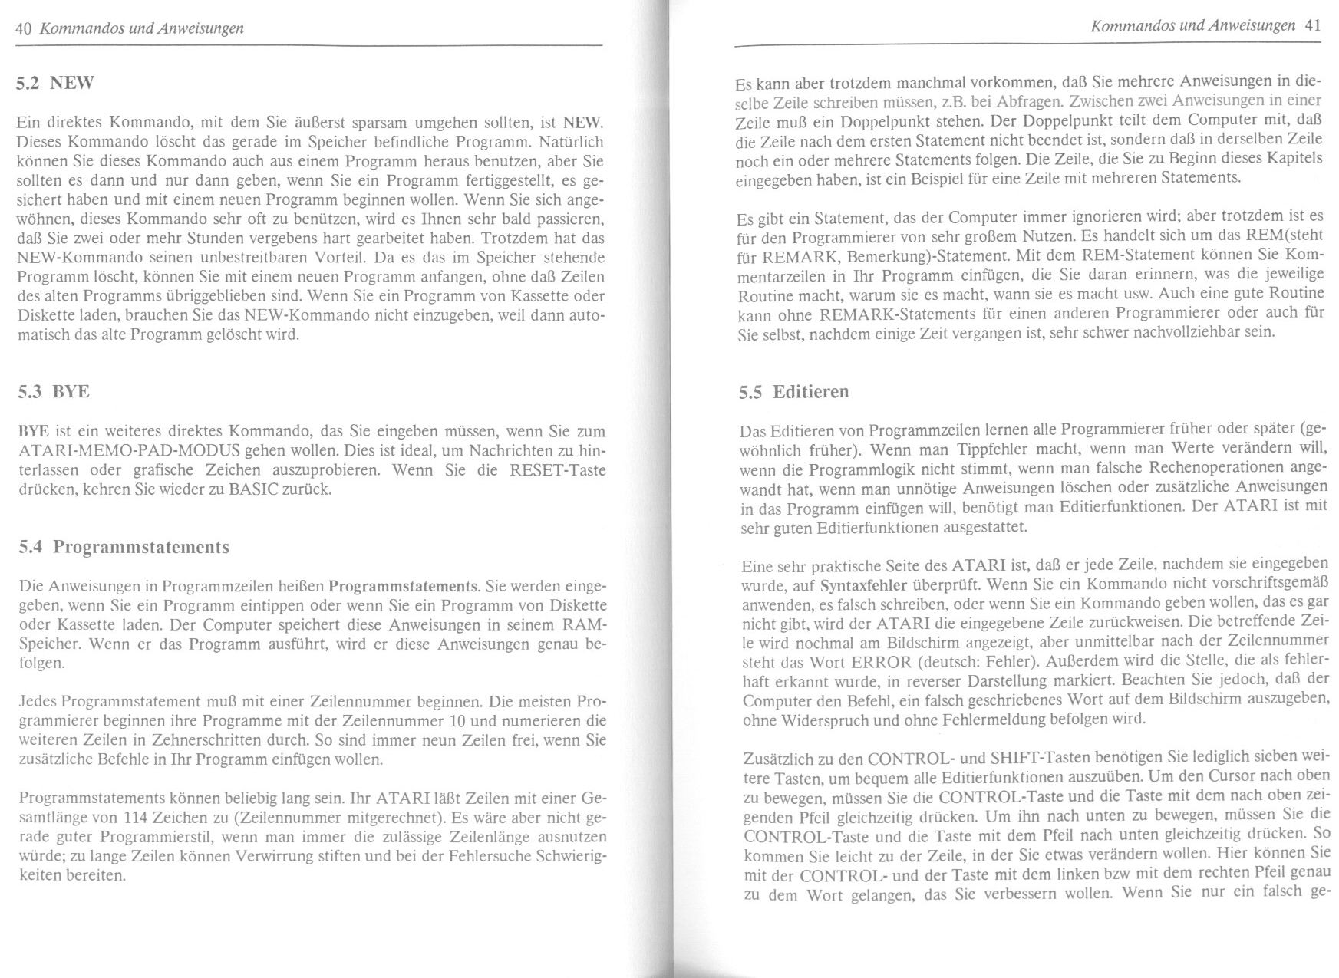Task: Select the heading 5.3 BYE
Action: point(53,391)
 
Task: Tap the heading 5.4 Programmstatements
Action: point(124,547)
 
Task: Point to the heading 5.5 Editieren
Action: point(793,392)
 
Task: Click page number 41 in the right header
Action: point(1312,25)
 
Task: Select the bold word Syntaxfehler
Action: point(863,586)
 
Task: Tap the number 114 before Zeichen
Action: point(146,815)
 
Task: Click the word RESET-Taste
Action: point(558,469)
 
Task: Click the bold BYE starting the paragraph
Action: point(33,431)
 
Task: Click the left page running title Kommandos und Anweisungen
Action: point(141,29)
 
